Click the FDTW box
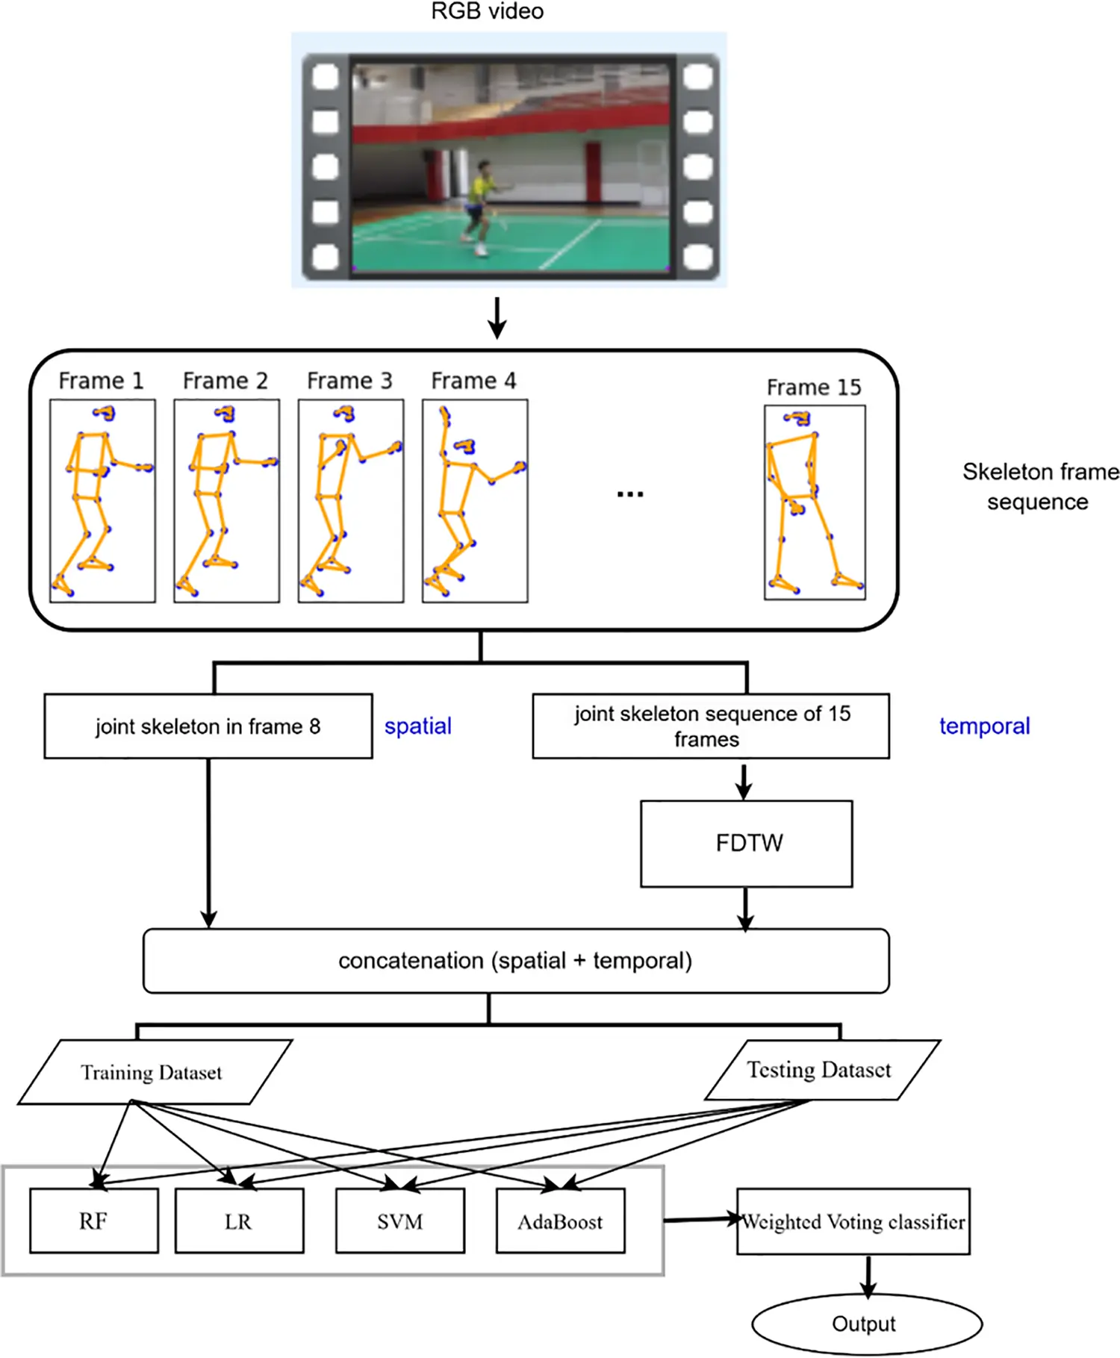point(746,844)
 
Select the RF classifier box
point(94,1221)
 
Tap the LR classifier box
point(239,1221)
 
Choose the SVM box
point(400,1221)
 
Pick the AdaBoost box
point(560,1221)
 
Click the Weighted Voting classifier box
point(853,1221)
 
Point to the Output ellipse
point(866,1324)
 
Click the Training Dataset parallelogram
point(153,1072)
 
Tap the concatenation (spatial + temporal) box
point(515,961)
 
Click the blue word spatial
point(417,726)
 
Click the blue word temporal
point(984,726)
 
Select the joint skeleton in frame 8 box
point(208,726)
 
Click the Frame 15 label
point(814,387)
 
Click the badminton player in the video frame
point(479,205)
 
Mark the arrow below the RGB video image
point(497,318)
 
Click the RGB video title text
point(487,11)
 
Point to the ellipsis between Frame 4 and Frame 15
point(630,494)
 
